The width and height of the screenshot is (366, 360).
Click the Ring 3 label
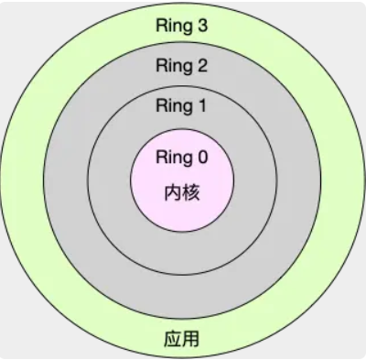(x=183, y=25)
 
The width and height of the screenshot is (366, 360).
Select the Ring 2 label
(x=183, y=65)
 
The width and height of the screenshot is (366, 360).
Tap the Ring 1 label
(x=183, y=105)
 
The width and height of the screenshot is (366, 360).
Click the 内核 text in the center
(x=183, y=193)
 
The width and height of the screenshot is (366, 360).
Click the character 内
(x=174, y=193)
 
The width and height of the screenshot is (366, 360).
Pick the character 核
(x=192, y=193)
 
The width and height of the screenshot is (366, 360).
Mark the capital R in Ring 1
(x=163, y=105)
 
